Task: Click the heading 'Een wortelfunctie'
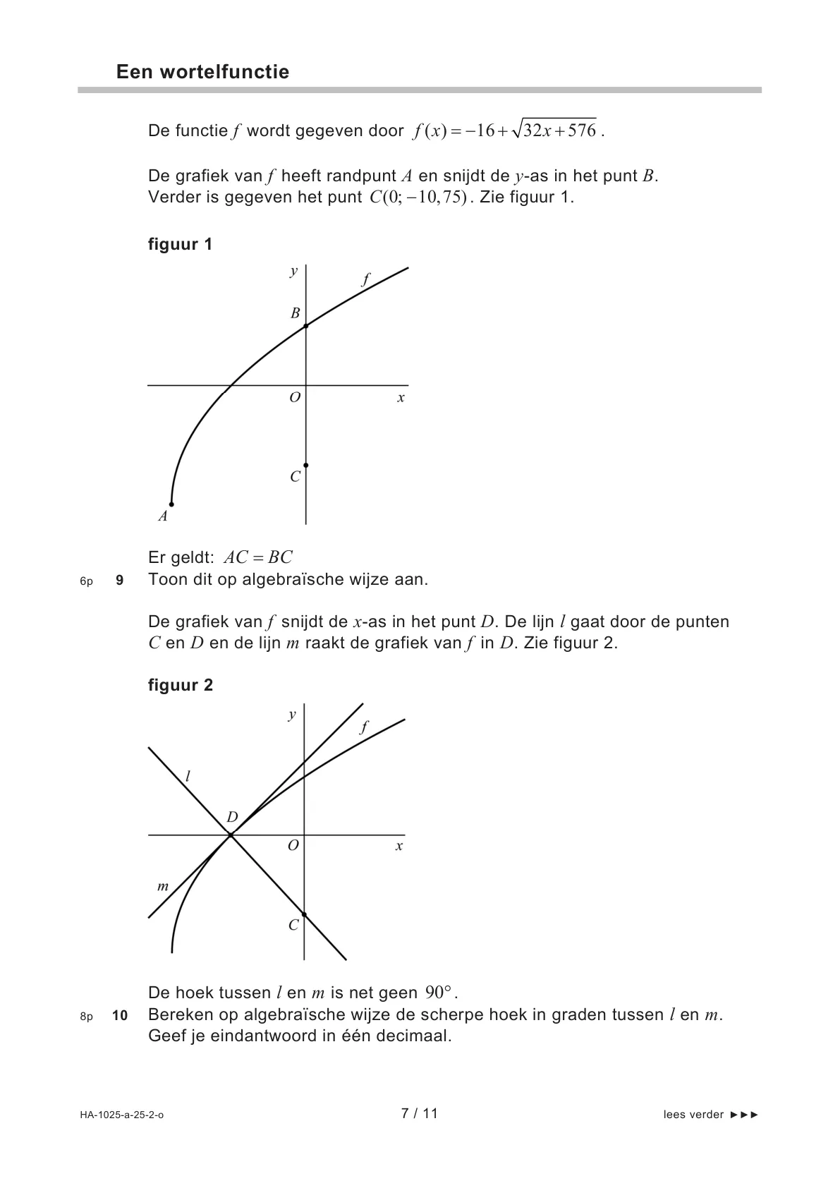pos(202,72)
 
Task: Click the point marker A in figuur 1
pos(171,504)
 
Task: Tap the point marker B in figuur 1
pos(305,326)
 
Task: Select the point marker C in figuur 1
pos(305,466)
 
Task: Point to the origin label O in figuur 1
pos(295,398)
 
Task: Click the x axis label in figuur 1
pos(401,398)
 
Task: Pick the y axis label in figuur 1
pos(293,271)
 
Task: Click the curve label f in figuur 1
pos(365,279)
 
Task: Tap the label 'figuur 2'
pos(180,685)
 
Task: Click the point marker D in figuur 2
pos(230,836)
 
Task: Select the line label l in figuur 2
pos(188,777)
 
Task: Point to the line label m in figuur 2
pos(163,886)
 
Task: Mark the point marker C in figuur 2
pos(304,914)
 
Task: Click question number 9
pos(119,581)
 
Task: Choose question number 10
pos(119,1016)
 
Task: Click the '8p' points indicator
pos(86,1017)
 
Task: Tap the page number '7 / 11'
pos(419,1114)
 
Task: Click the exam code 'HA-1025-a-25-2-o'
pos(121,1115)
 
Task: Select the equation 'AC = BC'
pos(257,558)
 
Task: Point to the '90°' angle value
pos(439,993)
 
